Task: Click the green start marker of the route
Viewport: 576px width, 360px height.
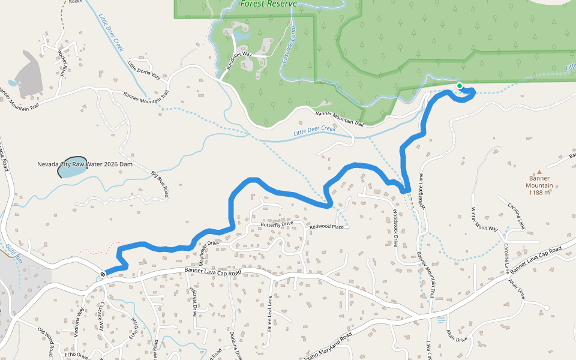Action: point(460,86)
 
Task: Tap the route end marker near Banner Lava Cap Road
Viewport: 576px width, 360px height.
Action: point(103,274)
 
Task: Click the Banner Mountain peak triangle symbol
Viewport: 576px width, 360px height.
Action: point(539,172)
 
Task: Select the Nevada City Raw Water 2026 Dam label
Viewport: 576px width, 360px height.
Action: point(84,164)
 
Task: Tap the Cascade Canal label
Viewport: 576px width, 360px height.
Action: point(290,49)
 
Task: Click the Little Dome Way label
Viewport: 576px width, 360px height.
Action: point(144,70)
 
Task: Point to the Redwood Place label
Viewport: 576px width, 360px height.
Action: point(326,227)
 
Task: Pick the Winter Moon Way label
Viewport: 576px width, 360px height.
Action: point(484,220)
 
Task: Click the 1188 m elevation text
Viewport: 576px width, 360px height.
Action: point(539,193)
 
